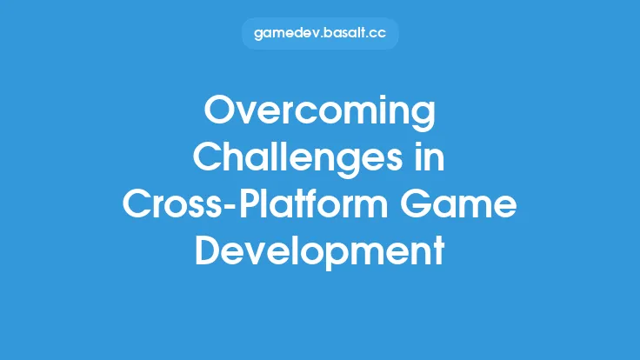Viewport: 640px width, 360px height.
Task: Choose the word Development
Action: click(319, 251)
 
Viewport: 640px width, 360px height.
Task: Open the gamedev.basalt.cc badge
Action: click(319, 35)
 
